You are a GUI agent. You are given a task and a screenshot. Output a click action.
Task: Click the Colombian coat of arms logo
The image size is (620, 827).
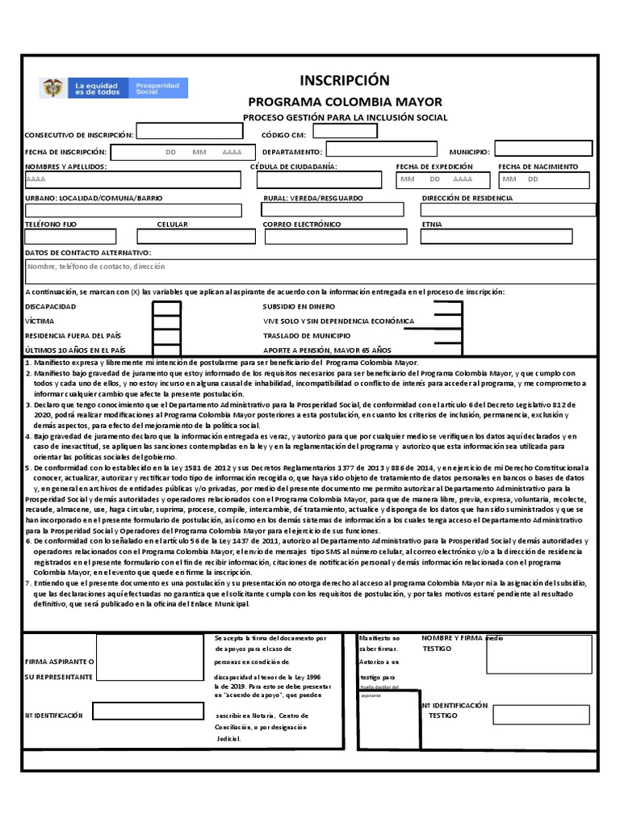tap(52, 88)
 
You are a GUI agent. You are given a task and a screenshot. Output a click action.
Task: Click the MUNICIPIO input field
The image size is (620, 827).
tap(543, 149)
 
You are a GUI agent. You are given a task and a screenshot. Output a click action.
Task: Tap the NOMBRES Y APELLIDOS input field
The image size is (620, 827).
tap(132, 179)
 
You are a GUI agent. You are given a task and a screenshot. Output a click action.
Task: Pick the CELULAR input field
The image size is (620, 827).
tap(195, 236)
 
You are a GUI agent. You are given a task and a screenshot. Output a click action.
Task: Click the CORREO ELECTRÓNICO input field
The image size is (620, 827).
tap(335, 236)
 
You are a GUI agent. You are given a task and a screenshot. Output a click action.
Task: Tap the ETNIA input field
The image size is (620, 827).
tap(508, 236)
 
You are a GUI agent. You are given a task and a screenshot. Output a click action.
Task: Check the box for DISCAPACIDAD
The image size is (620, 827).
tap(167, 308)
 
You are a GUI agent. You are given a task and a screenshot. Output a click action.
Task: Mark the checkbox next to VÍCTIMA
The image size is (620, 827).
tap(167, 321)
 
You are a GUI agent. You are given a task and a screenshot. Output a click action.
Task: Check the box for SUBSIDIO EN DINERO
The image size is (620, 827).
tap(447, 308)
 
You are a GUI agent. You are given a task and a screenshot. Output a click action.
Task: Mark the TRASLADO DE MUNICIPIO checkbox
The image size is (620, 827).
tap(447, 335)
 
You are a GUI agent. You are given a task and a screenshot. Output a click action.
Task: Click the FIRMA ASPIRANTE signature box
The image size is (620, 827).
tap(149, 654)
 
